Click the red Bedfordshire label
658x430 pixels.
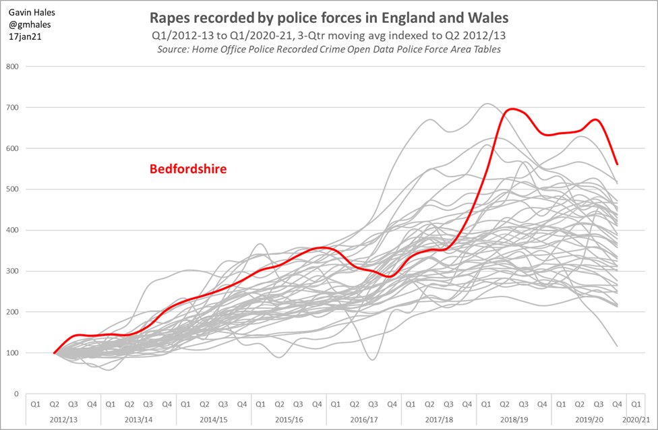[187, 169]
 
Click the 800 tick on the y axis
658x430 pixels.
[12, 67]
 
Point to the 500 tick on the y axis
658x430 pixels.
[12, 189]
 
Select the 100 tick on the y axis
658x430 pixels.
[12, 353]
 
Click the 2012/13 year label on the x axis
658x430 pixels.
[63, 419]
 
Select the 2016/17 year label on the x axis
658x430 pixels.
[363, 419]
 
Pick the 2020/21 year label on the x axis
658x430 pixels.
[636, 419]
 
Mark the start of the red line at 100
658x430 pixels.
[55, 352]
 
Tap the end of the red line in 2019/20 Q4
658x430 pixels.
[617, 164]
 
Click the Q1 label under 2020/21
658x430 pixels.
[636, 404]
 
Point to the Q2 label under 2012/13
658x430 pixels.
[54, 404]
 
